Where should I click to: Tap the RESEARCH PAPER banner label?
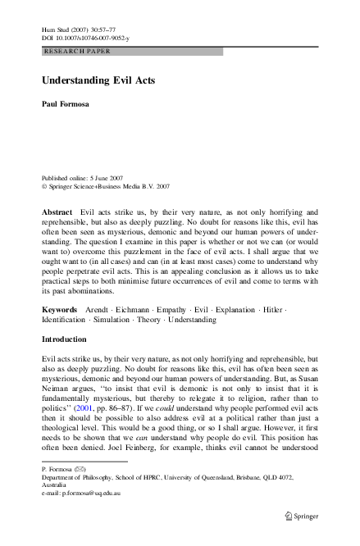(x=77, y=51)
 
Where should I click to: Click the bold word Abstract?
(x=58, y=212)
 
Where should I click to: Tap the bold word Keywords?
(x=61, y=310)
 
